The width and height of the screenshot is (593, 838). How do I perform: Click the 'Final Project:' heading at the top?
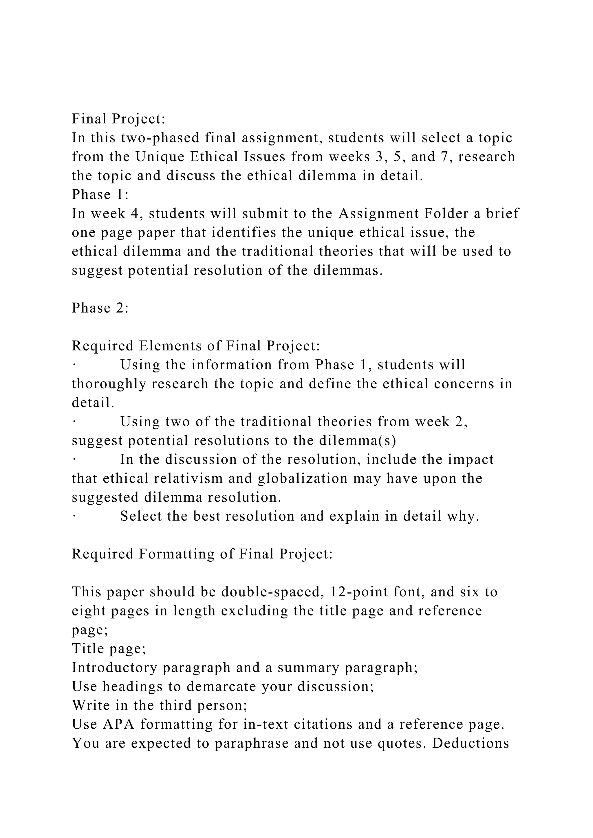pos(119,119)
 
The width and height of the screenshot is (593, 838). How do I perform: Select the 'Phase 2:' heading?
pos(100,308)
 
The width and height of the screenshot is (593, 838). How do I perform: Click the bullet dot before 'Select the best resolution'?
pos(74,517)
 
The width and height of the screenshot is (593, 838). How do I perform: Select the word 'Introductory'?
pos(115,668)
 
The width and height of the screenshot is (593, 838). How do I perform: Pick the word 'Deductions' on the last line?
pos(471,743)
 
